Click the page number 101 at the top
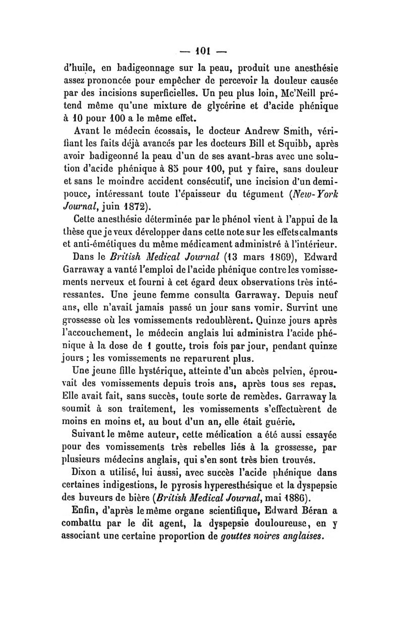tap(201, 52)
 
